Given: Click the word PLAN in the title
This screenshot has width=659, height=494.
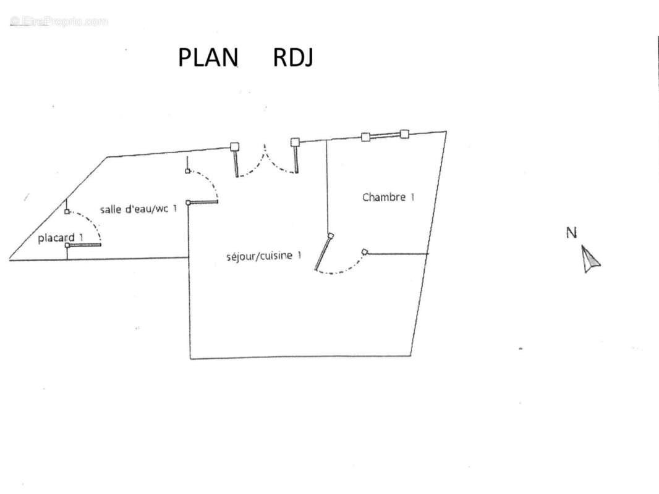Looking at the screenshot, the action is pos(208,57).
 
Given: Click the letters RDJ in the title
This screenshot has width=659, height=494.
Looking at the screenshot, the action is pos(293,57).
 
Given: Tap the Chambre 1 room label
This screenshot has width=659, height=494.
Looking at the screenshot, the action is pos(388,197).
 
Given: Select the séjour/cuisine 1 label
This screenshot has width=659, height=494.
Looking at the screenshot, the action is pos(264,256).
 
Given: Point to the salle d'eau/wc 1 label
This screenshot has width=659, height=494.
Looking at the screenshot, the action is pos(138,209).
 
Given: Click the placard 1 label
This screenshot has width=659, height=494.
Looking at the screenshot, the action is pos(61,238).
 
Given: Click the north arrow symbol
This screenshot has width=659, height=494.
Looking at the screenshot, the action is pos(590,259).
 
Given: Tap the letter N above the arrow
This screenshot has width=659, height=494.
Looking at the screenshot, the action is pos(571,233).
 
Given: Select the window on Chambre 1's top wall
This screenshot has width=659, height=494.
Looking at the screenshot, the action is pos(385,135).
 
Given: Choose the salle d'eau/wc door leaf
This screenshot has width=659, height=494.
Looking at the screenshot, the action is pos(202,203).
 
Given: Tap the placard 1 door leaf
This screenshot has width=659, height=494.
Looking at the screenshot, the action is pos(83,245).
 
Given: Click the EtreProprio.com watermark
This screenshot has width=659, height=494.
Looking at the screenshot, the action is pos(59,21).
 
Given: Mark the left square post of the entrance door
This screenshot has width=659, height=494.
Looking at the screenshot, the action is pos(234,146).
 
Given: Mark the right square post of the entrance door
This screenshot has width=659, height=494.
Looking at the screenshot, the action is pos(295,142).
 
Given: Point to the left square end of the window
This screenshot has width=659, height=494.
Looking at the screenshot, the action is pos(365,137).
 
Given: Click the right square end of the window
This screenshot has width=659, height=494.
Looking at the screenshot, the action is pos(404,134).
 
